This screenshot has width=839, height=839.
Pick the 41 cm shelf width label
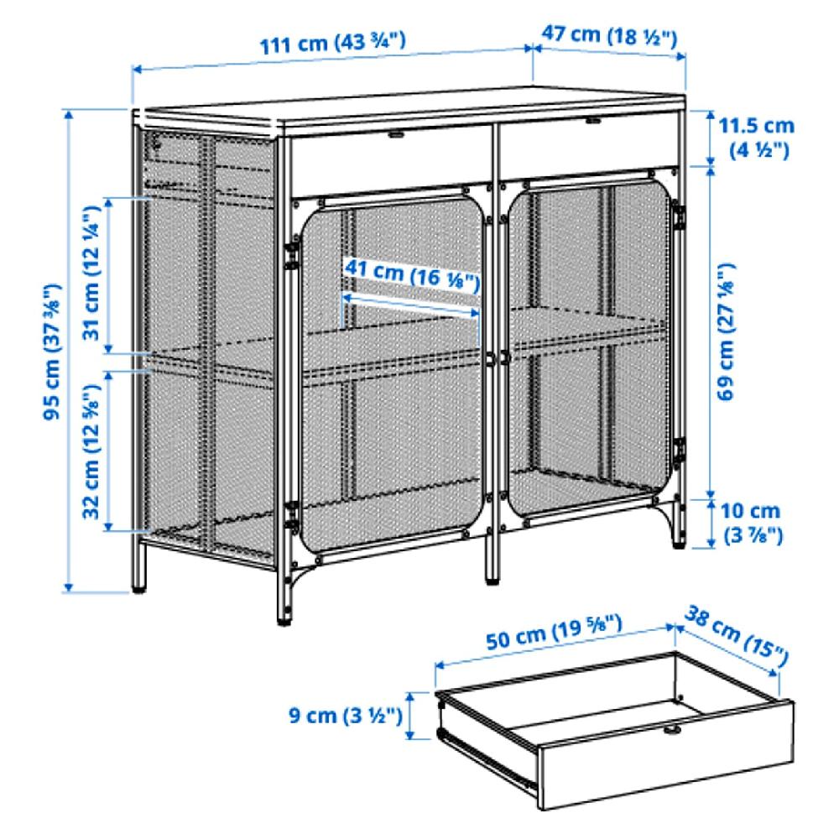pyautogui.click(x=411, y=274)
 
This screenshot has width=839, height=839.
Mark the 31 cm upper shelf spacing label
pyautogui.click(x=93, y=277)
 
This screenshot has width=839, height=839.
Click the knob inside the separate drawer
pyautogui.click(x=671, y=732)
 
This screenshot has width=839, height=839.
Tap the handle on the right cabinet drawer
pyautogui.click(x=593, y=123)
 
